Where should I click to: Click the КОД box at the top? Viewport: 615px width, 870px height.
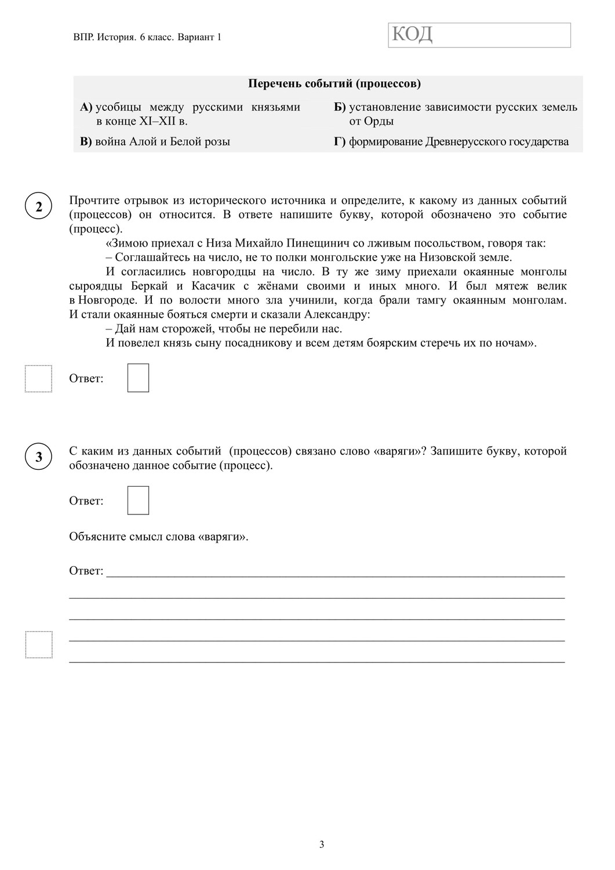[479, 35]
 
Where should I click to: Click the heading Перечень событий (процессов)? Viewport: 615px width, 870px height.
[334, 84]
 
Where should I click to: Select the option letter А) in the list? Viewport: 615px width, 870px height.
[86, 107]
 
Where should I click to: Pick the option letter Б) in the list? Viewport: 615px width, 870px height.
[340, 107]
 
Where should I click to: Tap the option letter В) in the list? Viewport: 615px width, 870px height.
[86, 142]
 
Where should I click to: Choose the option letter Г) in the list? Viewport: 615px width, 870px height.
[340, 142]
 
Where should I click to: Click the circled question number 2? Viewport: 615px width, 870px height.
[39, 207]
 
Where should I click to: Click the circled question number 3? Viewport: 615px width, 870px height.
[39, 457]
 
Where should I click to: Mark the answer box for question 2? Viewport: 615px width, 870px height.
[138, 378]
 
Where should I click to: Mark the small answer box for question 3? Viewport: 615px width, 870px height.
[138, 501]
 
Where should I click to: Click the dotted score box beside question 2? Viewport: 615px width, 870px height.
[38, 379]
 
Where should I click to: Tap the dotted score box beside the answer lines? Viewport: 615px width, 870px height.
[38, 644]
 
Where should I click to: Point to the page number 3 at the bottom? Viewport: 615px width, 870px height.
[322, 844]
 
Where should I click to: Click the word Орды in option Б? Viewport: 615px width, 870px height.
[380, 121]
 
